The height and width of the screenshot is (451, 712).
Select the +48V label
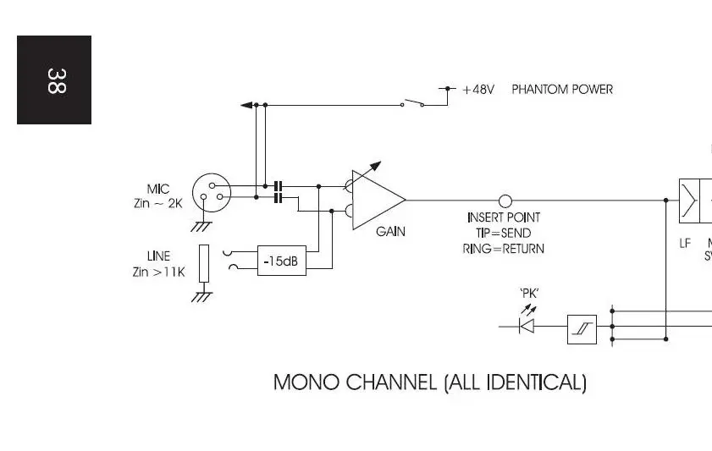(x=478, y=89)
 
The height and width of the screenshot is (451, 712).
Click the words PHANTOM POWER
(x=562, y=89)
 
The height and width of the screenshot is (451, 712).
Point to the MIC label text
(x=158, y=190)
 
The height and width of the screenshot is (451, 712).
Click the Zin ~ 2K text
(x=157, y=204)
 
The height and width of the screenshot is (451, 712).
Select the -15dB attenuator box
(x=281, y=261)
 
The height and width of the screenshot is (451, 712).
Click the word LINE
(x=158, y=256)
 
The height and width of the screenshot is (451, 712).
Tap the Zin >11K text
(x=158, y=272)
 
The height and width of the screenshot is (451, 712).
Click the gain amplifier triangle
(x=376, y=201)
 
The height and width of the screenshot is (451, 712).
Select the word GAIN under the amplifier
(x=390, y=232)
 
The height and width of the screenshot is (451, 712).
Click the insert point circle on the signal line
(x=505, y=201)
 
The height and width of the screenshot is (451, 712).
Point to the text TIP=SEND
(x=504, y=233)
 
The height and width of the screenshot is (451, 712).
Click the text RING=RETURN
(x=504, y=249)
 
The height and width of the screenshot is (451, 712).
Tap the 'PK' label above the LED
(x=530, y=294)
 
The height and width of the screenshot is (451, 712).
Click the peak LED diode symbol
(x=528, y=326)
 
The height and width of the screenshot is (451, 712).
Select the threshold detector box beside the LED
(x=582, y=328)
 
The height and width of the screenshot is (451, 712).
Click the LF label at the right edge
(x=685, y=244)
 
